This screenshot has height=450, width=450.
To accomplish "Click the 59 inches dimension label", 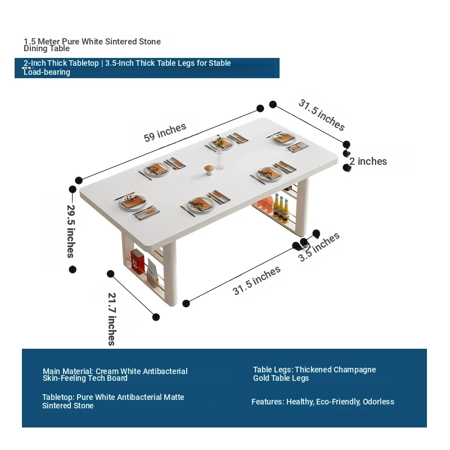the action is tap(165, 133).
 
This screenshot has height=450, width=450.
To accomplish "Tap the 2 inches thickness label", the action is tap(368, 161).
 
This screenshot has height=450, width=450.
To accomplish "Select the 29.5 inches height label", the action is tap(71, 231).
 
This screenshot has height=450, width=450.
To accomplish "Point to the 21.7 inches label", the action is tap(112, 319).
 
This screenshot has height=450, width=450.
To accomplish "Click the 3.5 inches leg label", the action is tap(318, 247).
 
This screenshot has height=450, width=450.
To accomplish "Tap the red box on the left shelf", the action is tap(137, 260).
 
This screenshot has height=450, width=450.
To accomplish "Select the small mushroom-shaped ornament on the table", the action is tap(209, 170).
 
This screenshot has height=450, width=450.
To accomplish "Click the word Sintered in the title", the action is tap(121, 42).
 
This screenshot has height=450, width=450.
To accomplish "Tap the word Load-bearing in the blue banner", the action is tap(47, 72).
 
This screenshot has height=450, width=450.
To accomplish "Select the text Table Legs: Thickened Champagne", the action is tap(314, 370).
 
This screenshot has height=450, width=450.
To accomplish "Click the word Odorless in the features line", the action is tap(378, 402).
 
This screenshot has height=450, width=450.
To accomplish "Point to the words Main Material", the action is tap(68, 371).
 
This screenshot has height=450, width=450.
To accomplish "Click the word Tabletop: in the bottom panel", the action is tap(58, 398).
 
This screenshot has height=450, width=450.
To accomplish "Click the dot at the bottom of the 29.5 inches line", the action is tap(73, 269).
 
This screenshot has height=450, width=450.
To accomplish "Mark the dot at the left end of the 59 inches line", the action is tap(79, 180).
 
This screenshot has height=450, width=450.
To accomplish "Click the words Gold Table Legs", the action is tap(281, 378).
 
